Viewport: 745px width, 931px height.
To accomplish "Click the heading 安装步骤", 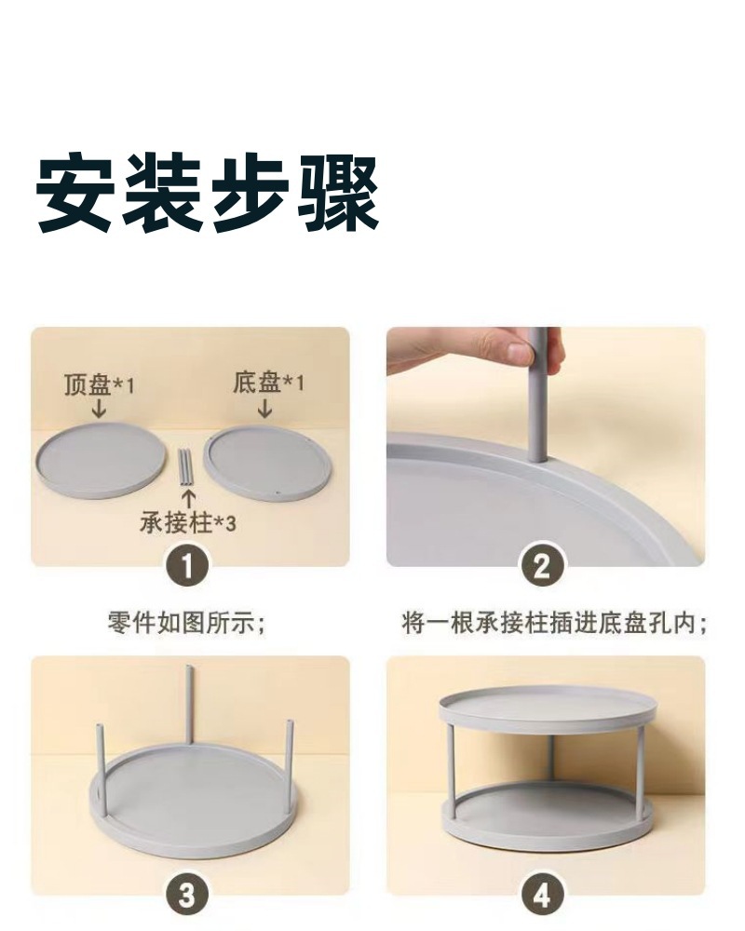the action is point(208,193).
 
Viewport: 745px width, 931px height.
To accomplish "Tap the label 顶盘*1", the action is point(100,385).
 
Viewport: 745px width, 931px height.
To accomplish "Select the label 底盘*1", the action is point(268,383).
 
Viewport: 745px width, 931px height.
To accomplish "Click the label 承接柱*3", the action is point(188,522).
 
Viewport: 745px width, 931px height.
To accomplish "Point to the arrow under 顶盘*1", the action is point(99,409).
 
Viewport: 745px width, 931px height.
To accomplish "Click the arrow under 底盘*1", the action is point(265,408).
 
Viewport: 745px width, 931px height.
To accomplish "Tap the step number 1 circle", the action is point(187,566).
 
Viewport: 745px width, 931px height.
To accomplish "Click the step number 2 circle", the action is point(542,566).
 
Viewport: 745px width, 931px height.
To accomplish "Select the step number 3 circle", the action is point(187,895).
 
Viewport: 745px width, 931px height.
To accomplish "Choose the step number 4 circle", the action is point(542,895).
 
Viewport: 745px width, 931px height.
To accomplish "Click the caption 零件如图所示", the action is point(186,624).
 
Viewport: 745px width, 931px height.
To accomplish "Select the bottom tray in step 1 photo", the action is point(267,462).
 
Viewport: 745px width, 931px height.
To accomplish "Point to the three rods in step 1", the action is point(186,468).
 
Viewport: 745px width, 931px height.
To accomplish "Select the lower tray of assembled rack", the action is point(547,814).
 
